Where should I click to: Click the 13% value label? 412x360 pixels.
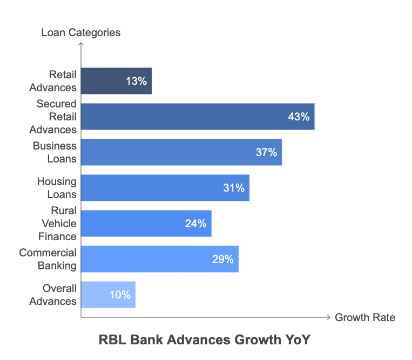(136, 81)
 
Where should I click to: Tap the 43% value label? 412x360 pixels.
(299, 117)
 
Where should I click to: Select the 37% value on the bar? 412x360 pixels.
(266, 153)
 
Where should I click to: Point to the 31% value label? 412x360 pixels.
(234, 188)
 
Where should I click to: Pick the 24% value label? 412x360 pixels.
(196, 223)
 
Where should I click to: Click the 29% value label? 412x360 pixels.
(223, 259)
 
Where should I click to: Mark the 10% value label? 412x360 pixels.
(120, 295)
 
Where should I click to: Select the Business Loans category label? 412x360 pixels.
(55, 152)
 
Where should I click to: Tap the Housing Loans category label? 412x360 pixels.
(56, 188)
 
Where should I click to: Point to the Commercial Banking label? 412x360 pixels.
(48, 259)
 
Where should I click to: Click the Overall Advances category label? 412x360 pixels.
(53, 295)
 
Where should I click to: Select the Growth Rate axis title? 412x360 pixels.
(365, 317)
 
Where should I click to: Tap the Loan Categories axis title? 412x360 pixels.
(81, 33)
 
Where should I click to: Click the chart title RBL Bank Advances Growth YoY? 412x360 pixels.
(206, 340)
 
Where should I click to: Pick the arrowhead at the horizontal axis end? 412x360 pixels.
(328, 317)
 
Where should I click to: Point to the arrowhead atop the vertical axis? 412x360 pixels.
(81, 45)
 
